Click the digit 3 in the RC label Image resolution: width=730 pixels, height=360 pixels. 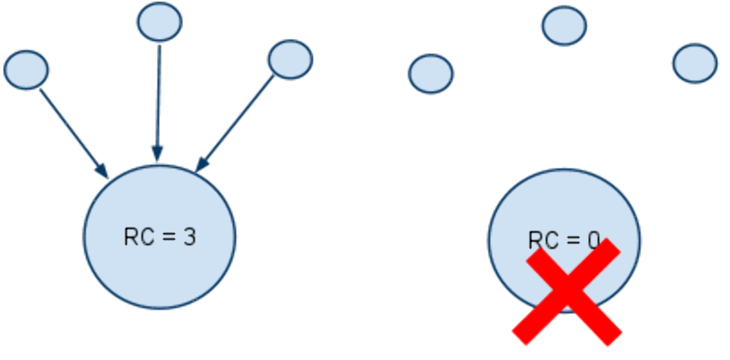(189, 237)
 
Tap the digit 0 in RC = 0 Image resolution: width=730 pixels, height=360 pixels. (594, 240)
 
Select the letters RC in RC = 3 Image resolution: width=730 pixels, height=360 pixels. (139, 237)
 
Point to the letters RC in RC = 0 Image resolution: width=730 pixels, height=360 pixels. (544, 240)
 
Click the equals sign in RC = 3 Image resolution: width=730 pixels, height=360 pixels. (169, 237)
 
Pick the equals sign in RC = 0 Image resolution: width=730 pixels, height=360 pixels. (573, 241)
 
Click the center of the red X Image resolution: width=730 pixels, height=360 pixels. (567, 292)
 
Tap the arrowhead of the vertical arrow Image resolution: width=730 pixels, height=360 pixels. (157, 153)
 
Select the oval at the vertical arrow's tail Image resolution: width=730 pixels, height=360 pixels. (160, 22)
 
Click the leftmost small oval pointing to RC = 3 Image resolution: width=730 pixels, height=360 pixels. (26, 70)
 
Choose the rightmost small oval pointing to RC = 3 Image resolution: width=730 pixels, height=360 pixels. (291, 59)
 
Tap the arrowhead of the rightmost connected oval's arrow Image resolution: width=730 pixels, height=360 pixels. (201, 164)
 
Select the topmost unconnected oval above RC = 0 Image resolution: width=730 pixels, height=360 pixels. (565, 26)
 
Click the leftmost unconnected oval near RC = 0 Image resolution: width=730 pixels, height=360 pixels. (431, 74)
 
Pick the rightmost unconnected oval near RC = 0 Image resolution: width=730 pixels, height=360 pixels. (695, 63)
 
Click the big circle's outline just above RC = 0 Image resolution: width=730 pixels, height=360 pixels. (565, 169)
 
